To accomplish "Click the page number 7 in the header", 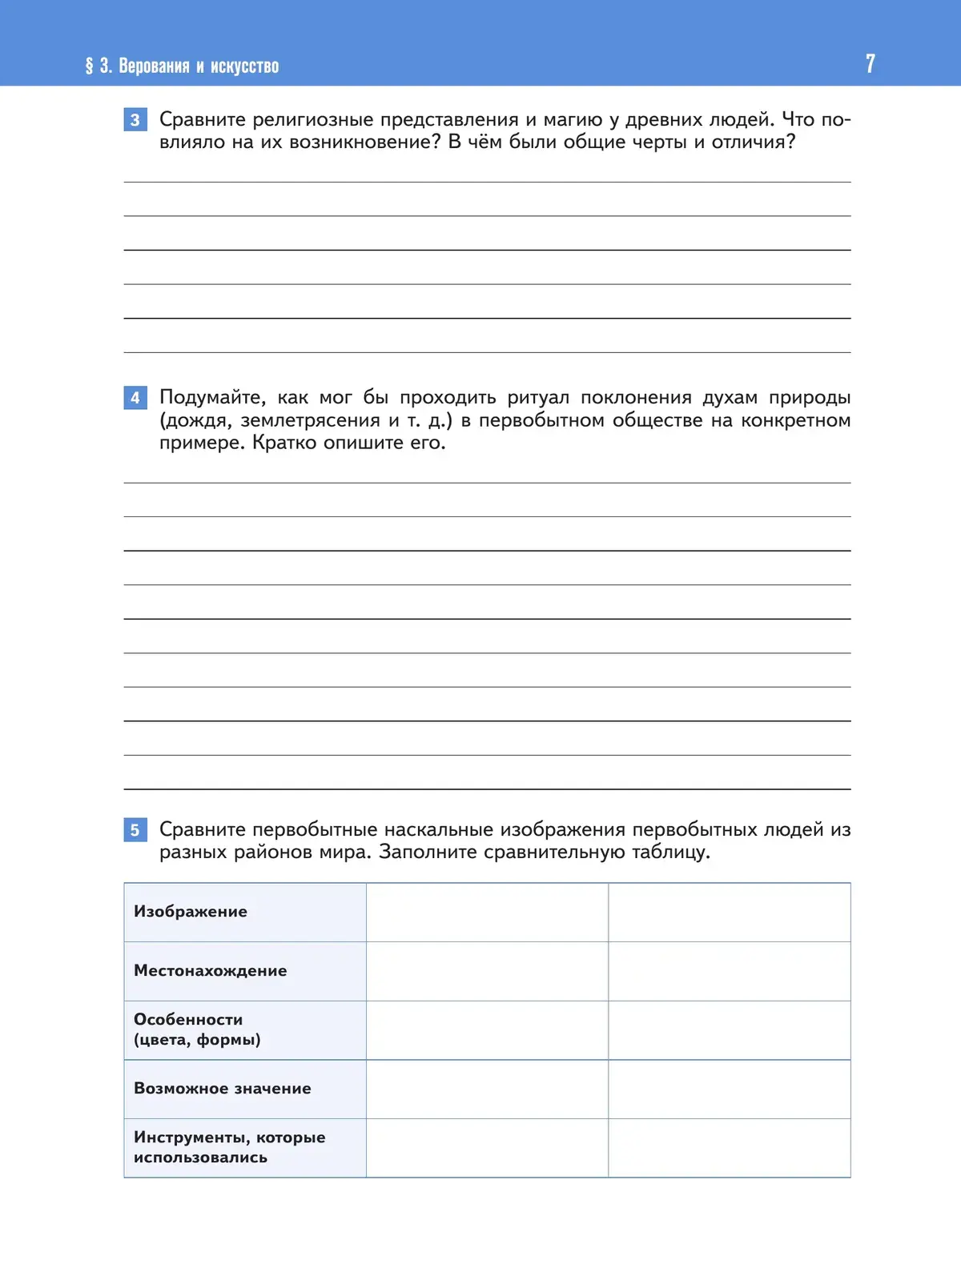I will [870, 64].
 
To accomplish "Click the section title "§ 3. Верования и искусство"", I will [182, 66].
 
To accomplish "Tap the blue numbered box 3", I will [135, 120].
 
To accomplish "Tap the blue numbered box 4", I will [135, 398].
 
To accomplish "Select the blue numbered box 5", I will [135, 830].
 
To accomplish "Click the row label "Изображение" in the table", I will [191, 912].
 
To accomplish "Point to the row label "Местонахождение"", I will [210, 971].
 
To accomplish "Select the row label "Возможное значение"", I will [222, 1089].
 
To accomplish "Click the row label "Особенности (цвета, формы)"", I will [197, 1029].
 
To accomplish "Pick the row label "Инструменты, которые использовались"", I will [229, 1147].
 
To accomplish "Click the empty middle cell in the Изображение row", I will [487, 913].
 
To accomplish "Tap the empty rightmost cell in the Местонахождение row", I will [729, 971].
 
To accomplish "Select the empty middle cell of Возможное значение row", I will [487, 1089].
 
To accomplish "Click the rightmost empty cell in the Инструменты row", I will [729, 1148].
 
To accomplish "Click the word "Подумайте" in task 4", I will [212, 398].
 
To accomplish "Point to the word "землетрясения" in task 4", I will [310, 420].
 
